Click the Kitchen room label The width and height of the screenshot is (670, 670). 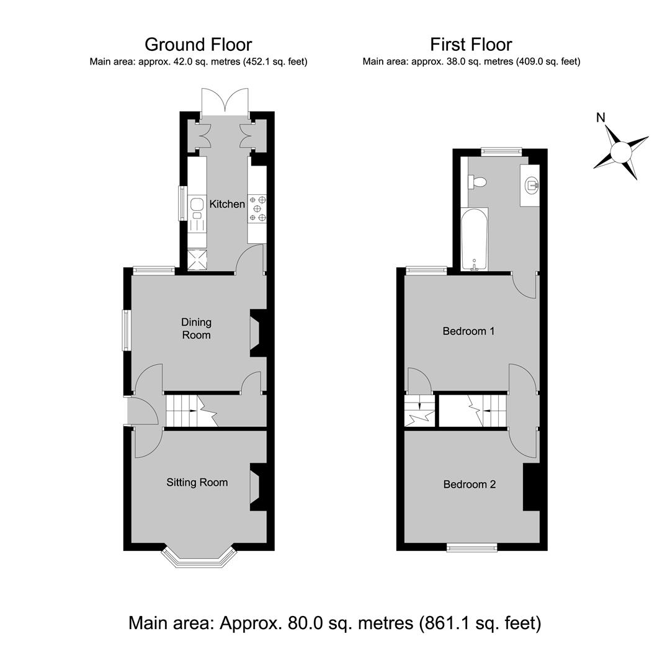point(227,204)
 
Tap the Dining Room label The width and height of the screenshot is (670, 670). point(196,328)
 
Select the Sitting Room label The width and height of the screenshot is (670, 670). point(197,483)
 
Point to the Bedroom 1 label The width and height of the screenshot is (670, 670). point(468,331)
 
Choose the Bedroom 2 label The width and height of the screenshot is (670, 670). point(469,484)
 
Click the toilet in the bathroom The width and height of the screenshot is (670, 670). point(477,182)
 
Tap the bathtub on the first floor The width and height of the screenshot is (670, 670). point(475,239)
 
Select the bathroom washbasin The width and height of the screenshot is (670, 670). point(530,185)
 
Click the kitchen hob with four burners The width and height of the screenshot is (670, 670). point(257,208)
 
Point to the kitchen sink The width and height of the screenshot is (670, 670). point(197,208)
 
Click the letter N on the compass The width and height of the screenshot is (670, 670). point(601,117)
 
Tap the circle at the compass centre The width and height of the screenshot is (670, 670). point(621,152)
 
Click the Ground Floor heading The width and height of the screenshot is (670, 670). point(199,45)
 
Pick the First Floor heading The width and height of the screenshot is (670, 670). point(471,45)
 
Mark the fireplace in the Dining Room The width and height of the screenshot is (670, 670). point(258,333)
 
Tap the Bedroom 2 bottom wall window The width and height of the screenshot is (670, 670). point(472,547)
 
